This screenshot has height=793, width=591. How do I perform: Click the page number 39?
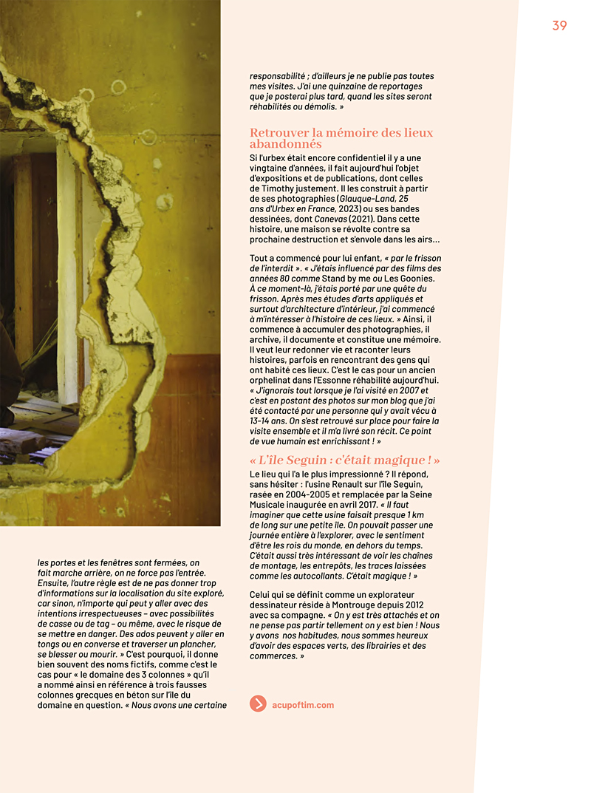559,26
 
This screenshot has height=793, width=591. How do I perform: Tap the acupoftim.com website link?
303,704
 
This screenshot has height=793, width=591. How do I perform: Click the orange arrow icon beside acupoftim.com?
258,704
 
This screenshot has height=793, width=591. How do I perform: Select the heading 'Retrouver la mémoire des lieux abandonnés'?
341,138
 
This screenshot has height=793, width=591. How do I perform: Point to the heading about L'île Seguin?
344,460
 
